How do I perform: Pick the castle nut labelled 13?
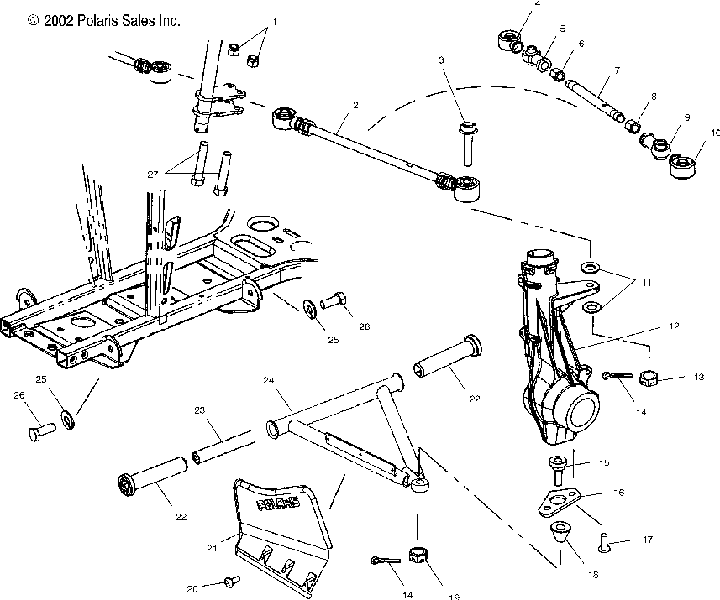pyautogui.click(x=650, y=379)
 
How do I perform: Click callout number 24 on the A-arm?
pyautogui.click(x=269, y=379)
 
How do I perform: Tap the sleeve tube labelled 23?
pyautogui.click(x=223, y=443)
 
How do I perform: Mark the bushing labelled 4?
pyautogui.click(x=509, y=40)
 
